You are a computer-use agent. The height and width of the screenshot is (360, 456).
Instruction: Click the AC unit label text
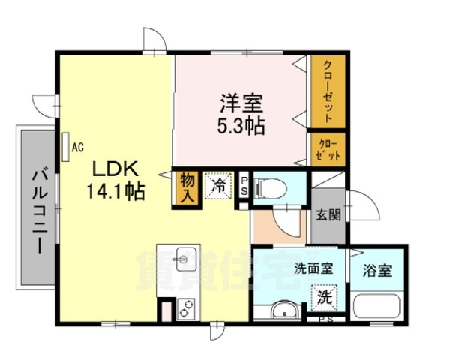pyautogui.click(x=77, y=148)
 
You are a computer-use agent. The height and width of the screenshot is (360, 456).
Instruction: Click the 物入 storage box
pyautogui.click(x=187, y=187)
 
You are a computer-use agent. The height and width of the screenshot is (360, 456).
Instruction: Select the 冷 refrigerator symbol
pyautogui.click(x=219, y=184)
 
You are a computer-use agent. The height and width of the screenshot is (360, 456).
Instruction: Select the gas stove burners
pyautogui.click(x=185, y=310)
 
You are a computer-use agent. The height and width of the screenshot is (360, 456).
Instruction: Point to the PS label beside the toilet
pyautogui.click(x=244, y=184)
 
